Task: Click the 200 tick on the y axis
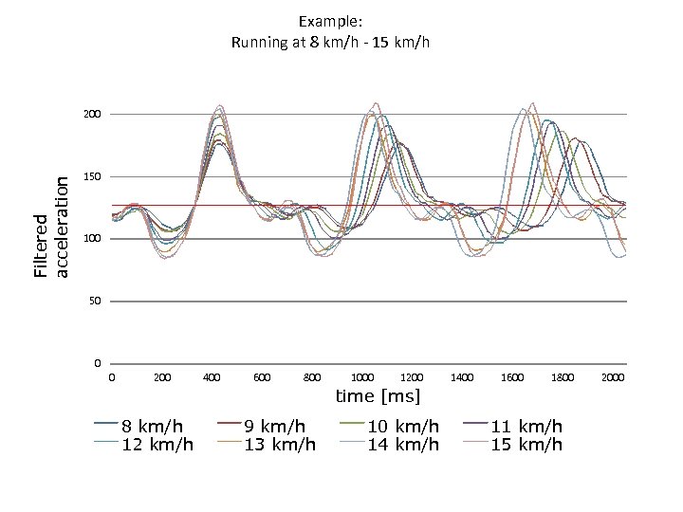[x=91, y=115]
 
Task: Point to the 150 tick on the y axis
[x=91, y=177]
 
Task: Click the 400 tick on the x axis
[x=212, y=377]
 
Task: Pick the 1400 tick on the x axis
[x=462, y=377]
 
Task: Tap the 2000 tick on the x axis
[x=613, y=377]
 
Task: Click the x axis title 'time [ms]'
[x=378, y=394]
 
